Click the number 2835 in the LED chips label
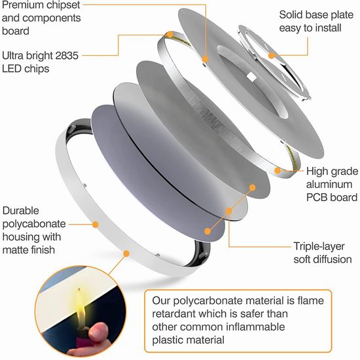click(x=67, y=56)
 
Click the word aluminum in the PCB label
click(x=329, y=185)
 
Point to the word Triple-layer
click(x=319, y=247)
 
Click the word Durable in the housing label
click(x=21, y=211)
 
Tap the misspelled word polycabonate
click(x=34, y=225)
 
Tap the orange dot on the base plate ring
click(x=272, y=56)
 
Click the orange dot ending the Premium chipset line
click(x=205, y=59)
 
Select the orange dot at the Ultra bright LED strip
click(x=170, y=35)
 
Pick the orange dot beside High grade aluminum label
click(x=278, y=171)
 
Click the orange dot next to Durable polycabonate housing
click(x=96, y=225)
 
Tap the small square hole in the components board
click(x=251, y=77)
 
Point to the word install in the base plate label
click(x=328, y=28)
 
